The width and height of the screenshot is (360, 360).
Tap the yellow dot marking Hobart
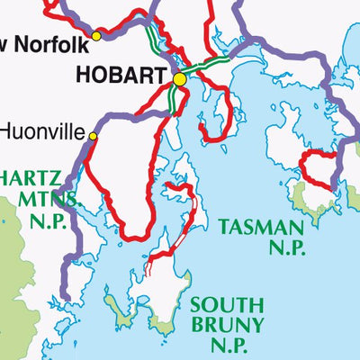click(x=179, y=80)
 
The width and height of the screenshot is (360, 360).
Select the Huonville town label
click(x=41, y=131)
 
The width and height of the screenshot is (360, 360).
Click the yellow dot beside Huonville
click(x=92, y=136)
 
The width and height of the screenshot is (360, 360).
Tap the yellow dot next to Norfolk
click(x=97, y=36)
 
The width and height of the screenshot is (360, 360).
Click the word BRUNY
click(x=226, y=325)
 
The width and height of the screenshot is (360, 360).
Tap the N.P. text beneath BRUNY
click(x=226, y=346)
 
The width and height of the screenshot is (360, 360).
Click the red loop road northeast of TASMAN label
click(x=317, y=166)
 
